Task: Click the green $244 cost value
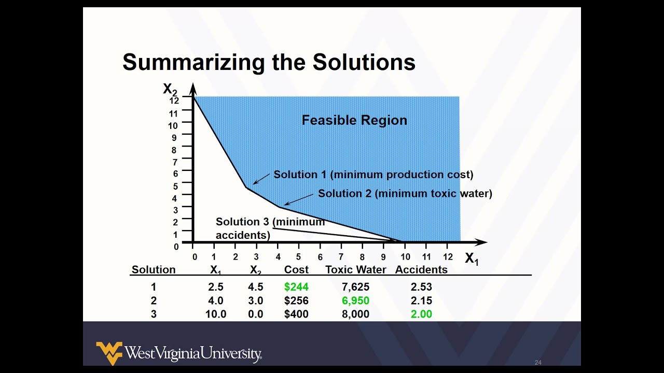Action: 296,287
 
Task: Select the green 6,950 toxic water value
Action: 355,300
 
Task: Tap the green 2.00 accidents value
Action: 421,314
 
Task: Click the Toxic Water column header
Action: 356,270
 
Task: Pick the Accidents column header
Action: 421,270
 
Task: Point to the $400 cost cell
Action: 296,314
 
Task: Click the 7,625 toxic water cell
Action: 355,287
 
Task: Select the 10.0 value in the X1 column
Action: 216,314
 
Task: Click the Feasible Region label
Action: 354,120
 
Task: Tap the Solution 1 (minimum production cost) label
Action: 374,175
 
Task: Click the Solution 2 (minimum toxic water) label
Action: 405,193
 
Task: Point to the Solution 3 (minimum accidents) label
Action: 270,228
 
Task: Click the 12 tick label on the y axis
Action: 174,101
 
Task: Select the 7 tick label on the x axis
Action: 341,257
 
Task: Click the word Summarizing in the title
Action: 193,62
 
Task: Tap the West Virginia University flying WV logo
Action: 109,353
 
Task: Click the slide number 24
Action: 538,363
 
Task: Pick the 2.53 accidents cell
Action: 421,287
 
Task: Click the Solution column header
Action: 154,270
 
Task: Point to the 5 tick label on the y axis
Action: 175,186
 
